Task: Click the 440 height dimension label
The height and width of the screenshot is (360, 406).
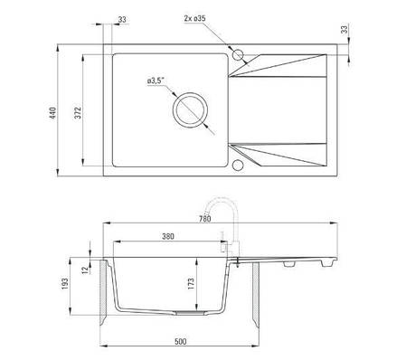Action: click(x=53, y=113)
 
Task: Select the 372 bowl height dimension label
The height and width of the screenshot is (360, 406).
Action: click(x=78, y=113)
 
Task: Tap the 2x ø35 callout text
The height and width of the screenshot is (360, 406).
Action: click(x=194, y=18)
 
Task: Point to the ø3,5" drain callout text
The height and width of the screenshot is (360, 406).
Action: click(x=156, y=81)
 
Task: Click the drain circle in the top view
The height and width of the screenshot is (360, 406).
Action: click(x=190, y=109)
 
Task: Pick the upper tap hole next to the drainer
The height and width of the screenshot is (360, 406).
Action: click(x=238, y=55)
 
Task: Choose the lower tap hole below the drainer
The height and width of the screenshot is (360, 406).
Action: click(x=238, y=166)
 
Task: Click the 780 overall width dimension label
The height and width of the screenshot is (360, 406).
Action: click(x=205, y=219)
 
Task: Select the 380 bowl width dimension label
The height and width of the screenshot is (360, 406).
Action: click(x=168, y=236)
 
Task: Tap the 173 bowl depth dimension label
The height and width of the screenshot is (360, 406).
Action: click(x=191, y=284)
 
